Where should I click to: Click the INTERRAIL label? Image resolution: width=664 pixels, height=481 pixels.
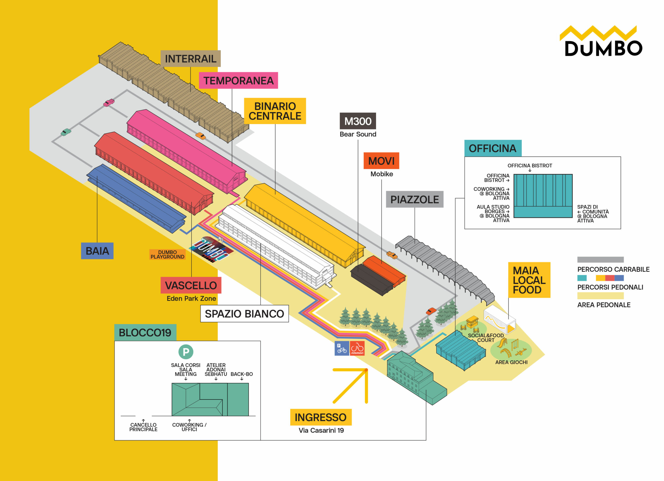pyautogui.click(x=190, y=59)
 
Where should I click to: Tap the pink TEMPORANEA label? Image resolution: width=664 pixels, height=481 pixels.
pyautogui.click(x=238, y=81)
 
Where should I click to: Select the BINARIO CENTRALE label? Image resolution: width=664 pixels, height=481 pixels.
pyautogui.click(x=275, y=111)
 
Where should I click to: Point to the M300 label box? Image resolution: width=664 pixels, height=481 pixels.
pyautogui.click(x=357, y=121)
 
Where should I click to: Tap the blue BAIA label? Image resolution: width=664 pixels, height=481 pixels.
pyautogui.click(x=97, y=251)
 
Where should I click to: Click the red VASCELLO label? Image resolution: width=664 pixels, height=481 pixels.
pyautogui.click(x=191, y=285)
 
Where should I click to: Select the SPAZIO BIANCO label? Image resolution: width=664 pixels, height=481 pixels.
pyautogui.click(x=245, y=314)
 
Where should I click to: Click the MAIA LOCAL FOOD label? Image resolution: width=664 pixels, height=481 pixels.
pyautogui.click(x=529, y=280)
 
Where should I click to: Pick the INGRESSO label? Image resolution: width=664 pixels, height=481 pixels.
pyautogui.click(x=321, y=417)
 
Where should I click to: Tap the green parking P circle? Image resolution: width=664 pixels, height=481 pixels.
pyautogui.click(x=186, y=352)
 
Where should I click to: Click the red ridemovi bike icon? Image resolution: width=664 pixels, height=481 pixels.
pyautogui.click(x=357, y=348)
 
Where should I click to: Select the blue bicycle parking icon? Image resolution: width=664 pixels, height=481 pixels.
pyautogui.click(x=342, y=348)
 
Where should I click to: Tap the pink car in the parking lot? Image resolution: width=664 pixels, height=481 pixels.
pyautogui.click(x=109, y=103)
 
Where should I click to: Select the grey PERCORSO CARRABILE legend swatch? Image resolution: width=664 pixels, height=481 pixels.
pyautogui.click(x=600, y=260)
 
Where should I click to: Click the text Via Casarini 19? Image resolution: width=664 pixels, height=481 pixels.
pyautogui.click(x=321, y=430)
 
